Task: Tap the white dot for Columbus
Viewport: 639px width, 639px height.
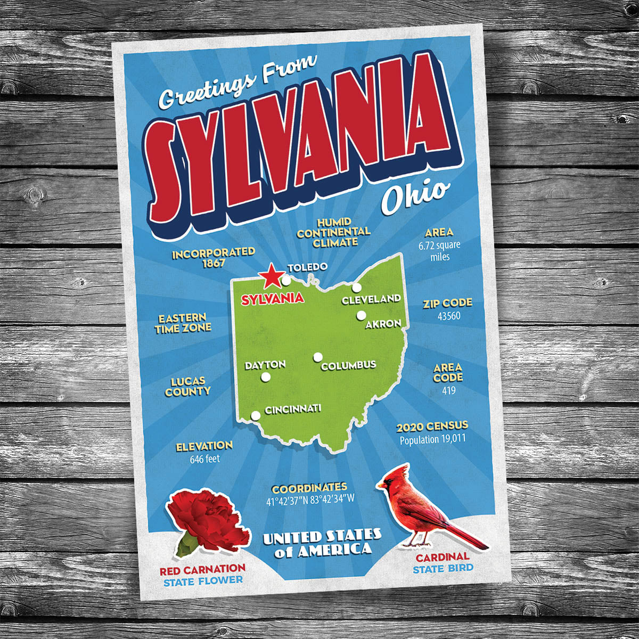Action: point(318,357)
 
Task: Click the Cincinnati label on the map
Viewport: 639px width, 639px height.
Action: point(293,409)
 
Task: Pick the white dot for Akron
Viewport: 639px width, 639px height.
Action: point(361,315)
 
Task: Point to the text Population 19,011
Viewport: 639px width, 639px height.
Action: point(433,440)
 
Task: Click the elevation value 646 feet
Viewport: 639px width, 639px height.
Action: point(204,458)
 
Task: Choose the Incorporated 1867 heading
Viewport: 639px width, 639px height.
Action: point(214,257)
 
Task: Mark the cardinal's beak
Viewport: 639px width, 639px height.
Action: point(380,485)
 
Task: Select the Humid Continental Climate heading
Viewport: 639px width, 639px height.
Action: point(334,232)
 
